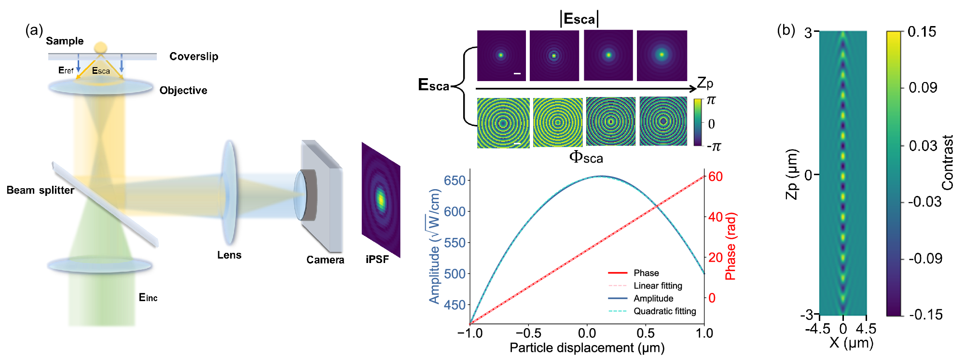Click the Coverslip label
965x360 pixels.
coord(193,56)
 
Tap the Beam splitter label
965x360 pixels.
coord(40,190)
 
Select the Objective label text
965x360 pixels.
coord(183,91)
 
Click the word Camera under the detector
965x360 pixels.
coord(325,260)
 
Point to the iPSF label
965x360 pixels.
coord(377,260)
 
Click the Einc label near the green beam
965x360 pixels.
coord(148,298)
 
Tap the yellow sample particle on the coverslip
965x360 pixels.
coord(100,47)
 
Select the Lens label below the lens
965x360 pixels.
coord(229,255)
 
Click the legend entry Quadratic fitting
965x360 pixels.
coord(664,311)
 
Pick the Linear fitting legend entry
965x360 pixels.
coord(658,286)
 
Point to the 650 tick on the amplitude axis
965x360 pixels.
coord(455,180)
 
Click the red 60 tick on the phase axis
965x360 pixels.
coord(715,177)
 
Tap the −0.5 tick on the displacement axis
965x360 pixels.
coord(528,333)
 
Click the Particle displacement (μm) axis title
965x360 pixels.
coord(587,348)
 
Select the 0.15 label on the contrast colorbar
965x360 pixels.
coord(922,32)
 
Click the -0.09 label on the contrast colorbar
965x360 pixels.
coord(925,259)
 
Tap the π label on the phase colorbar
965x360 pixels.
coord(711,100)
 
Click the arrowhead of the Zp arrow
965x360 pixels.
coord(693,89)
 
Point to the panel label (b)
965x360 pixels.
coord(786,30)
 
